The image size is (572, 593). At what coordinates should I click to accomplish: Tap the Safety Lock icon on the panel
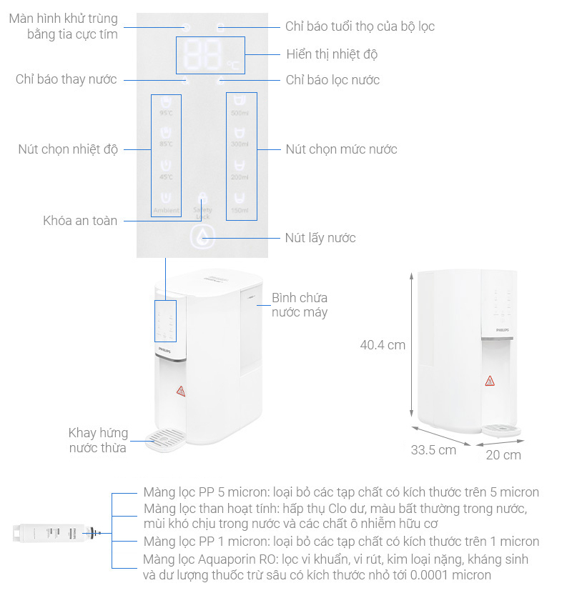click(203, 203)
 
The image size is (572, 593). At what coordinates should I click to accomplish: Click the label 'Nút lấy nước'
click(320, 238)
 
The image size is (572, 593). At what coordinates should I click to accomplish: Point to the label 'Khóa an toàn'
click(80, 221)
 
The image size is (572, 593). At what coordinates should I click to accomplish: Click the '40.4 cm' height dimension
click(383, 345)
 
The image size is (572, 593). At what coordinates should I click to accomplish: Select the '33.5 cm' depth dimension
click(433, 450)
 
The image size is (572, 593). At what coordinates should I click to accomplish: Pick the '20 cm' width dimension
click(503, 454)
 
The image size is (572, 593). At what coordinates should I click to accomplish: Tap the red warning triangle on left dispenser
click(180, 391)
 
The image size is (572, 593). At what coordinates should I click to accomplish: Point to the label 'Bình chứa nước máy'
click(300, 305)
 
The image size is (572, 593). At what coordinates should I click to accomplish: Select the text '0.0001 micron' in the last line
click(457, 575)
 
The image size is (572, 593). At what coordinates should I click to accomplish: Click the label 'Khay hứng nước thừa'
click(98, 440)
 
